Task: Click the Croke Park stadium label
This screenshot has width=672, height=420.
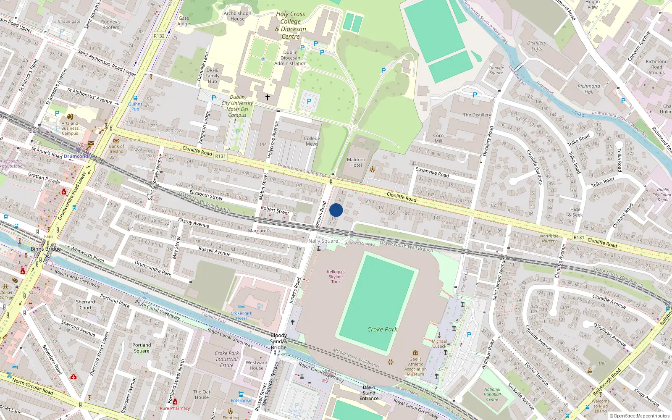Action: coord(382,329)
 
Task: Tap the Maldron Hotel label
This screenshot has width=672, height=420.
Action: coord(356,163)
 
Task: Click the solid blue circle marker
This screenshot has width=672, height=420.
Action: coord(336,210)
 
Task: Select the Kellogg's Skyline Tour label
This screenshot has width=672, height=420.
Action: coord(336,277)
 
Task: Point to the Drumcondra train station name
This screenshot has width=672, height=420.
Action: coord(79,156)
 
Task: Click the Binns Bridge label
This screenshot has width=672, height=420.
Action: coord(46,249)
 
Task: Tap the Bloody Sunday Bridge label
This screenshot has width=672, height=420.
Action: coord(278,341)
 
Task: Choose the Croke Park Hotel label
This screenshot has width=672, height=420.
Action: coord(241,315)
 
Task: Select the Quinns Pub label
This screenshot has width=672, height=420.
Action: coord(135,106)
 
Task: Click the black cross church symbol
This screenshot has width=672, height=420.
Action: coord(267,97)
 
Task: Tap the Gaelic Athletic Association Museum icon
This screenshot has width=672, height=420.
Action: coord(415,353)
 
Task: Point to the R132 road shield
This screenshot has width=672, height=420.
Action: coord(159,36)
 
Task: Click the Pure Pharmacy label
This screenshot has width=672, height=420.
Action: coord(175,408)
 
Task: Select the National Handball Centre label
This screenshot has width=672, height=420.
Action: coord(492,394)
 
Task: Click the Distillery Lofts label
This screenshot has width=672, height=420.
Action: coord(537,46)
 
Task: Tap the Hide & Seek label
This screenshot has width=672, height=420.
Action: coord(575,212)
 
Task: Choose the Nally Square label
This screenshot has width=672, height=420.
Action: coord(323,241)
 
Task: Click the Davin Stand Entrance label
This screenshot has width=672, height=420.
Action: coord(369,393)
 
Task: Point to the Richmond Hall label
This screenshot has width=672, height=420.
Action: coord(589,89)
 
